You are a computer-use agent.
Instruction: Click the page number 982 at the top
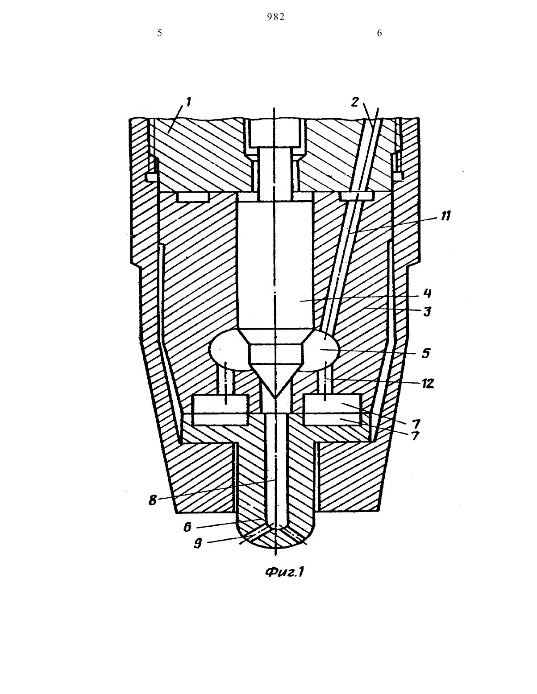(x=275, y=17)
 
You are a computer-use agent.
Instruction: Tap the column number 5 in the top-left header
(x=159, y=33)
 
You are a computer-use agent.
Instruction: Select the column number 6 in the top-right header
(x=379, y=33)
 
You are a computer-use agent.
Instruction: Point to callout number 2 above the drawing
(x=355, y=102)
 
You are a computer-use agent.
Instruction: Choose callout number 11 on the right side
(x=445, y=216)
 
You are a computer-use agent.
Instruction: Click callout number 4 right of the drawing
(x=428, y=293)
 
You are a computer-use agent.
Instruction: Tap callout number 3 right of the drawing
(x=427, y=311)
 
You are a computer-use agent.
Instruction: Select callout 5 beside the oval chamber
(x=426, y=354)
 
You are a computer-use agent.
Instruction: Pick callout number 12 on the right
(x=428, y=383)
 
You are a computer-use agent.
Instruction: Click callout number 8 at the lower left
(x=153, y=500)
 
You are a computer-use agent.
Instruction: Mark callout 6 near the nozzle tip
(x=187, y=527)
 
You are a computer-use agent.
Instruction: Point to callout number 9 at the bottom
(x=198, y=543)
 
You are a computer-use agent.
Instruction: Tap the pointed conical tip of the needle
(x=275, y=397)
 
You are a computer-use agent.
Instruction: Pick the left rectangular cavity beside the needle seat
(x=221, y=410)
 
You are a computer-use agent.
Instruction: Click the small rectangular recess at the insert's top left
(x=193, y=197)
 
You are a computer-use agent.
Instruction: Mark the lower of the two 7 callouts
(x=415, y=436)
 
